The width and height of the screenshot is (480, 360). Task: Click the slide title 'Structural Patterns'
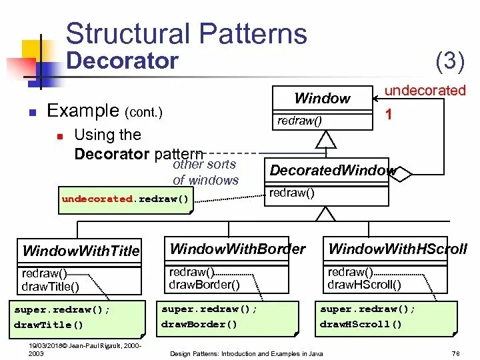[186, 33]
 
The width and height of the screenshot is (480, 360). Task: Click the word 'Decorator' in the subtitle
[123, 61]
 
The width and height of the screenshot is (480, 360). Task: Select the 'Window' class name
[322, 99]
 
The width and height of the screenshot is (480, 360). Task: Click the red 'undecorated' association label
[425, 90]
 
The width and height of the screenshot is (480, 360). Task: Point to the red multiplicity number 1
[389, 115]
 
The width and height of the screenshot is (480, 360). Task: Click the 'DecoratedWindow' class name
[331, 171]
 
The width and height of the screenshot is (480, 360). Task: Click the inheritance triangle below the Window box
[325, 139]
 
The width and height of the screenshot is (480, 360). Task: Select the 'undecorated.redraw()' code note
[125, 199]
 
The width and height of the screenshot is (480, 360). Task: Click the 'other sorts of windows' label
[205, 172]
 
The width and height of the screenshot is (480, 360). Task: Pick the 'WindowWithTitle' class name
[81, 251]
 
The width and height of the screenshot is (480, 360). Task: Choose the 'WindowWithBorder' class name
[237, 249]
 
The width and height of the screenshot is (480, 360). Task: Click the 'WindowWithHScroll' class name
[397, 250]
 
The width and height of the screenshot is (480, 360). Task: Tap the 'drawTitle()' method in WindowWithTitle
[51, 287]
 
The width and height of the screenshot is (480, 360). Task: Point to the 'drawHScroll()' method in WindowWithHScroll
[364, 285]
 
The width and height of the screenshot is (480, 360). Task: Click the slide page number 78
[457, 353]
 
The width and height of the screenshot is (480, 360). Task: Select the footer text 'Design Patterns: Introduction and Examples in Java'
[247, 353]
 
